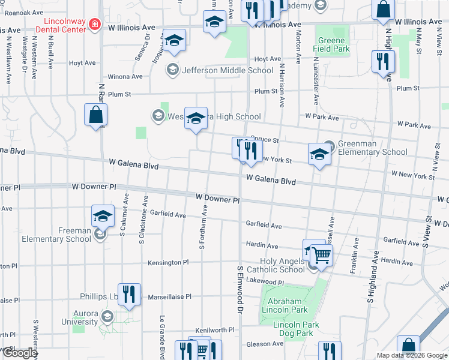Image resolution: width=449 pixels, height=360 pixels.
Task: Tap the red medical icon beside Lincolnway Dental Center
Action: (94, 24)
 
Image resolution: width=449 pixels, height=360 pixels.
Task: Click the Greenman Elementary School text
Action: (372, 148)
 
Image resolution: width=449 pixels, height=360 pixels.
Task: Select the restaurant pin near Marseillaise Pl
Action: (129, 293)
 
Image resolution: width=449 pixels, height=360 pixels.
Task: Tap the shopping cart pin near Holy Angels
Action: (322, 254)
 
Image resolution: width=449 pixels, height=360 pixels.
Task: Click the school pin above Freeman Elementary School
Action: (103, 215)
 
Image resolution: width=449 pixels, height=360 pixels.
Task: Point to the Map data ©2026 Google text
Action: (412, 355)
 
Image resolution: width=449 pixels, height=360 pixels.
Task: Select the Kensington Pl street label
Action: (169, 263)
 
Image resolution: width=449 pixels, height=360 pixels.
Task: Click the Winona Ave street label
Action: (125, 77)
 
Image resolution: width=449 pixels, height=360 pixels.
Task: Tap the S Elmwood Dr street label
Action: (240, 290)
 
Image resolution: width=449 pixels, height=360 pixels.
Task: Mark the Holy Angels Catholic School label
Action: (283, 265)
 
